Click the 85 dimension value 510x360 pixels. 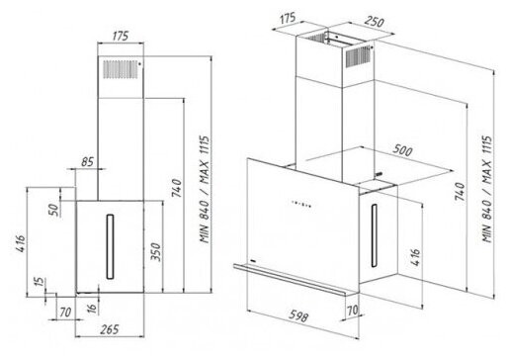coord(88,161)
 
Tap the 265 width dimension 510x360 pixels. coord(110,329)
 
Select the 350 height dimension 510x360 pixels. coord(156,252)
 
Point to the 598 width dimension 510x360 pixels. coord(298,315)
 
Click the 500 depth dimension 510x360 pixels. coord(402,150)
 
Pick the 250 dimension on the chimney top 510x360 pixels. coord(375,22)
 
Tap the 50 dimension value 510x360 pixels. coord(54,210)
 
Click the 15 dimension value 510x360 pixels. coord(39,281)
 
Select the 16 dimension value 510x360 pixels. coord(93,309)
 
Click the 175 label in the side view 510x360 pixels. coord(121,37)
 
